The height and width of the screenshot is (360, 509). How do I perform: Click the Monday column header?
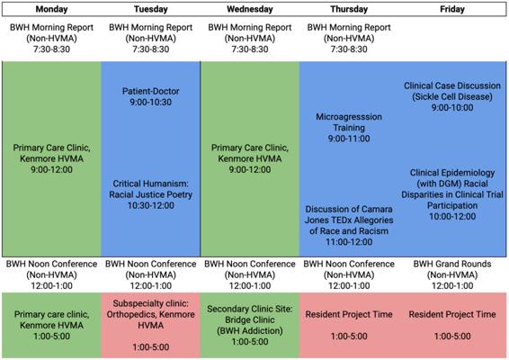(x=51, y=9)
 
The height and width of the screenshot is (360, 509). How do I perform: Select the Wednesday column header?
(x=250, y=9)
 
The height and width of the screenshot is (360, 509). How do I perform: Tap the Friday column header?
(x=452, y=9)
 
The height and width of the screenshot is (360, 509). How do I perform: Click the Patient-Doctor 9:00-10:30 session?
(x=150, y=96)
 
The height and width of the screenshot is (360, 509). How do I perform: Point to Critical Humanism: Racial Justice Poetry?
(x=150, y=194)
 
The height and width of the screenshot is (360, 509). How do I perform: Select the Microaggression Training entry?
(x=349, y=128)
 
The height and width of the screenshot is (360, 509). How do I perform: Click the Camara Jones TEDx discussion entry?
(x=349, y=225)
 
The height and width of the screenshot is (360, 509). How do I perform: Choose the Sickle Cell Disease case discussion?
(x=452, y=96)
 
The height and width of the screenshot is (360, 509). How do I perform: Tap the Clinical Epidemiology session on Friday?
(x=452, y=194)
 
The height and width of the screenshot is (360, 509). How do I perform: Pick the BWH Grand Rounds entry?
(x=452, y=274)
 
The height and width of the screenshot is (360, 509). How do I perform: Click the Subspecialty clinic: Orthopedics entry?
(x=150, y=325)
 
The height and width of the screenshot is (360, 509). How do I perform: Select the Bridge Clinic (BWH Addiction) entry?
(x=250, y=325)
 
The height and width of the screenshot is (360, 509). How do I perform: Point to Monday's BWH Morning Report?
(x=51, y=38)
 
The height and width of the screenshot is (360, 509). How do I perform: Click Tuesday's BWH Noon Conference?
(x=150, y=274)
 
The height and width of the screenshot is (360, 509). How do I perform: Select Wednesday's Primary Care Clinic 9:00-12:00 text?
(x=250, y=158)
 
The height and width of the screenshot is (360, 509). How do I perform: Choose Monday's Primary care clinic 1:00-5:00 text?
(x=51, y=325)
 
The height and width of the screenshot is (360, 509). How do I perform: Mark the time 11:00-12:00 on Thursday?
(x=349, y=242)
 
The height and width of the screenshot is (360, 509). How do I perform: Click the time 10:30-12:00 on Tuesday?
(x=150, y=205)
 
